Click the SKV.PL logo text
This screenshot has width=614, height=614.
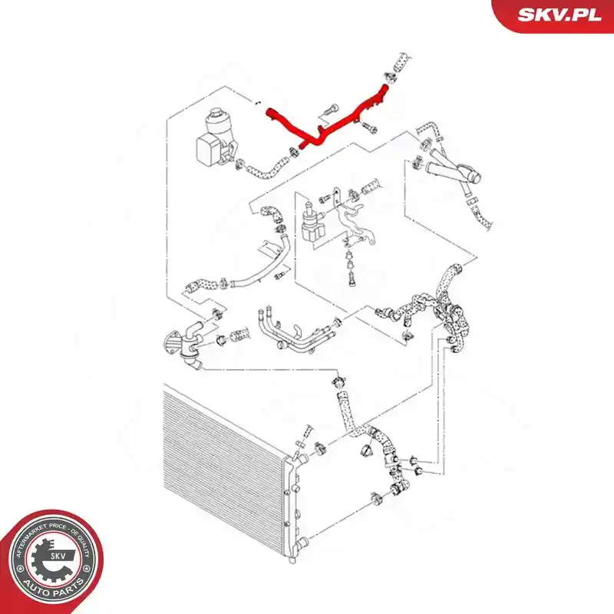(x=560, y=15)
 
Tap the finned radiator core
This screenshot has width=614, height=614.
(x=223, y=462)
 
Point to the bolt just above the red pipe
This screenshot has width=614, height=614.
(x=328, y=111)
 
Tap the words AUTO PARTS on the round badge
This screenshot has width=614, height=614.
(x=54, y=587)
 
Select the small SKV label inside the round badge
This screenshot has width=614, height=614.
(x=58, y=555)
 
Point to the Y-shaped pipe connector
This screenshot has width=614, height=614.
(x=454, y=172)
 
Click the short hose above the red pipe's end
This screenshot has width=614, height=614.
(x=400, y=63)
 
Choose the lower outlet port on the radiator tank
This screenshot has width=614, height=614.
(x=301, y=543)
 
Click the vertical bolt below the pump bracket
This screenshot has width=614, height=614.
(x=352, y=279)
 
